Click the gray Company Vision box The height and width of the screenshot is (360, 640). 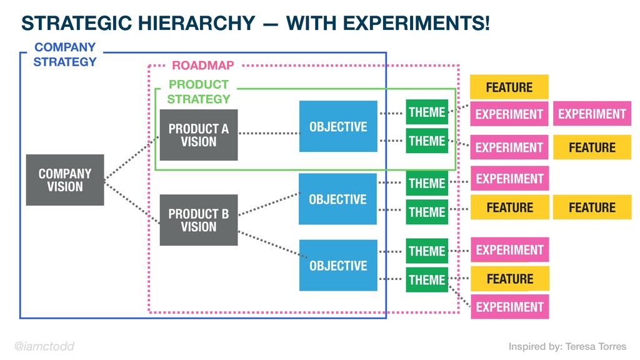(x=65, y=180)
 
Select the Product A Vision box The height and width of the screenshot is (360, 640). (x=199, y=135)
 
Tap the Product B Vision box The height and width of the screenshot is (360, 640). (x=199, y=220)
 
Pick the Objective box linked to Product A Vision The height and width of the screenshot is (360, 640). (x=338, y=126)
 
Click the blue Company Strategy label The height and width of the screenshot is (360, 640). (x=65, y=54)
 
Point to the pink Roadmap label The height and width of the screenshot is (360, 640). (x=203, y=65)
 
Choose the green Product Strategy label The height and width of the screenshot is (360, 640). (x=199, y=92)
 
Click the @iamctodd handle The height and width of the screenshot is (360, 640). (x=44, y=346)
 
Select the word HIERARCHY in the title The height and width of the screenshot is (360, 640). (x=196, y=23)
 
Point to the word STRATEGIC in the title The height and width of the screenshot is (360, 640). (x=77, y=23)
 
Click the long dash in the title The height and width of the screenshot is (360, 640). (x=271, y=24)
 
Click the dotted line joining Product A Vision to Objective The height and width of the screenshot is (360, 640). (x=269, y=134)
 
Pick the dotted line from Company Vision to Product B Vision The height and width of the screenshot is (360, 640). (x=132, y=202)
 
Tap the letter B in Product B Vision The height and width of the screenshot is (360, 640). (x=225, y=214)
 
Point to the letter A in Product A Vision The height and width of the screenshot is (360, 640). (x=225, y=129)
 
